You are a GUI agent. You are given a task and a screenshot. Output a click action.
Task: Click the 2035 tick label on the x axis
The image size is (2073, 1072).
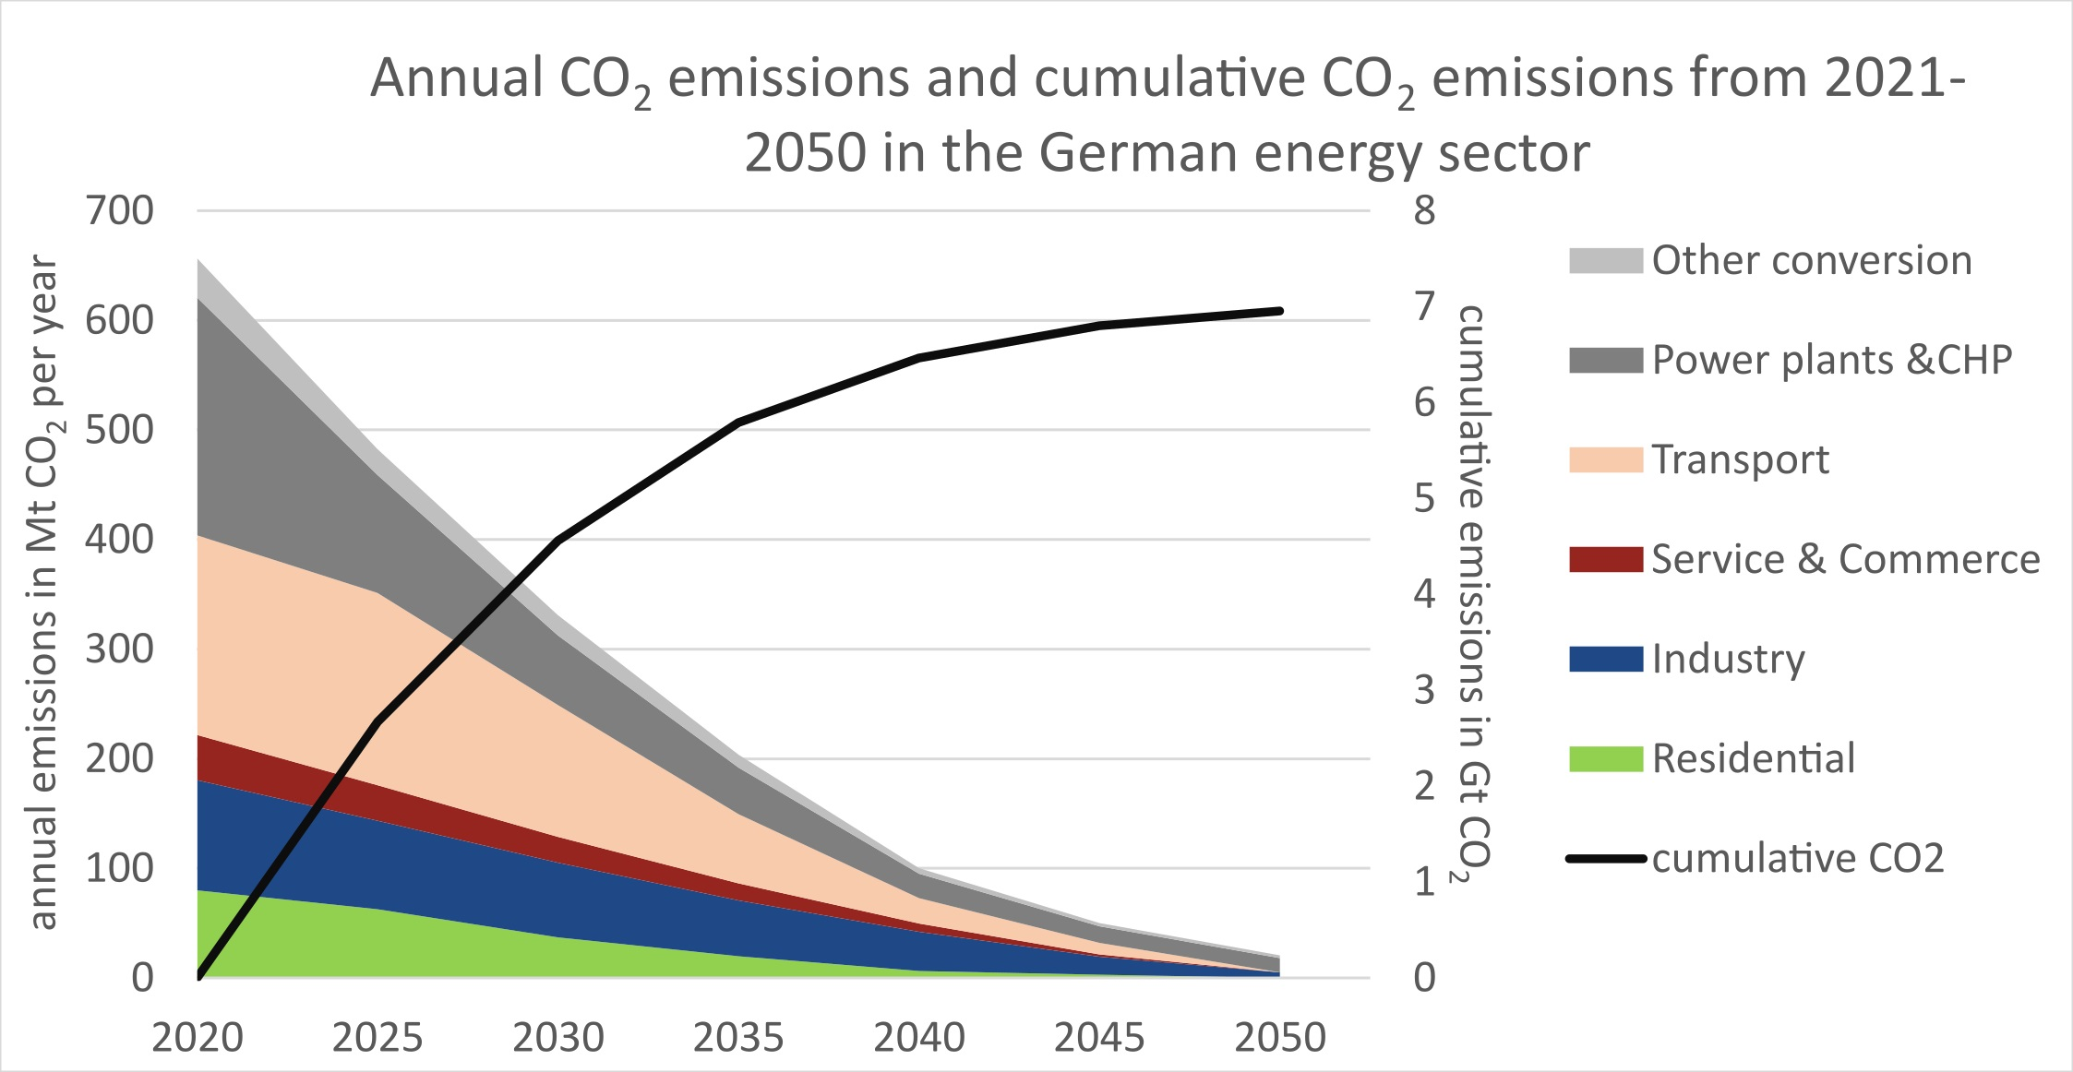(738, 1039)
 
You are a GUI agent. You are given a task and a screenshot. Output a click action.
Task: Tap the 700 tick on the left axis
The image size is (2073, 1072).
(119, 211)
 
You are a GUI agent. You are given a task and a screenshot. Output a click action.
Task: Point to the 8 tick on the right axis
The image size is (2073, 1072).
(1424, 211)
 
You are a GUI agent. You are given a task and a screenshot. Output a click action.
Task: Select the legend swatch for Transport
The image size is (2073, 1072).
(1605, 459)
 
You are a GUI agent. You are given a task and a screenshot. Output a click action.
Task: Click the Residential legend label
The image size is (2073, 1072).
(1753, 758)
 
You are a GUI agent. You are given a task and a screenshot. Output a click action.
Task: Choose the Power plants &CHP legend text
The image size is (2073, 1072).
(1831, 360)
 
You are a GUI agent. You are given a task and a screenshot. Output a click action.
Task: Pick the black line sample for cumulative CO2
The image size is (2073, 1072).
(1605, 859)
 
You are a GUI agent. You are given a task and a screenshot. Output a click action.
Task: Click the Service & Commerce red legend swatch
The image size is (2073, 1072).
(1605, 559)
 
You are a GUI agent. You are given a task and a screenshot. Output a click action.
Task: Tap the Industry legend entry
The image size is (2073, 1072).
(1728, 659)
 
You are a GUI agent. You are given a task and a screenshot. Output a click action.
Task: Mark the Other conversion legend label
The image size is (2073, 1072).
(1811, 260)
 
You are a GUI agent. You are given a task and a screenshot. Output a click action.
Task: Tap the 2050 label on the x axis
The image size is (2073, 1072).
(1279, 1039)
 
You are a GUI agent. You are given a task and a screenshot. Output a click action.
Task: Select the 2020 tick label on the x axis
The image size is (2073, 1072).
(198, 1039)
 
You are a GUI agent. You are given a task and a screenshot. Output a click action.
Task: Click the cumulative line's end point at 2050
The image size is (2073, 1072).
(1279, 311)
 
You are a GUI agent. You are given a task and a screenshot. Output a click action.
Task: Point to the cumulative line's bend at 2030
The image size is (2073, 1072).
(559, 540)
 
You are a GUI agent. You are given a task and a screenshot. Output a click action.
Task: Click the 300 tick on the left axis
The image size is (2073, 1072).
(119, 649)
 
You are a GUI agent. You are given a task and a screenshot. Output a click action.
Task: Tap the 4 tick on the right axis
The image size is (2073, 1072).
(1424, 593)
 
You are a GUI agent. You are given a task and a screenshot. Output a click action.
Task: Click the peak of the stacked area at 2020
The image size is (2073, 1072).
(199, 263)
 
